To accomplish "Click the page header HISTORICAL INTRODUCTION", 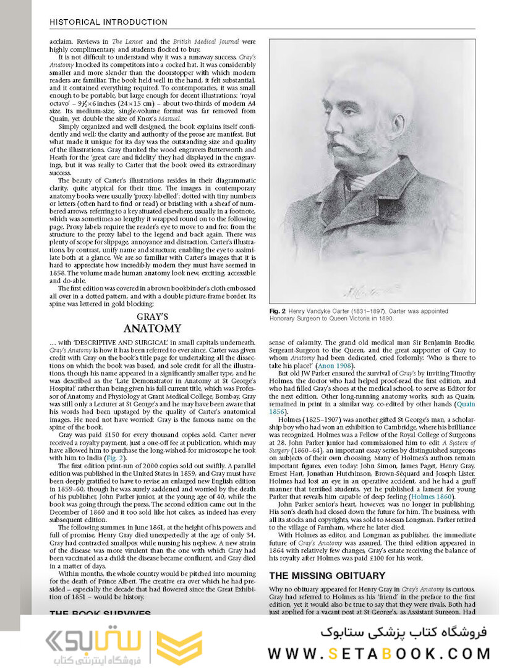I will pyautogui.click(x=108, y=22).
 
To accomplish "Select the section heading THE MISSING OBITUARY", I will pyautogui.click(x=328, y=575).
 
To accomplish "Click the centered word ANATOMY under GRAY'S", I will pyautogui.click(x=152, y=328).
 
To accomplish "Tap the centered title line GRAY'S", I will pyautogui.click(x=152, y=316).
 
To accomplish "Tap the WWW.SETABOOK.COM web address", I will pyautogui.click(x=379, y=653).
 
